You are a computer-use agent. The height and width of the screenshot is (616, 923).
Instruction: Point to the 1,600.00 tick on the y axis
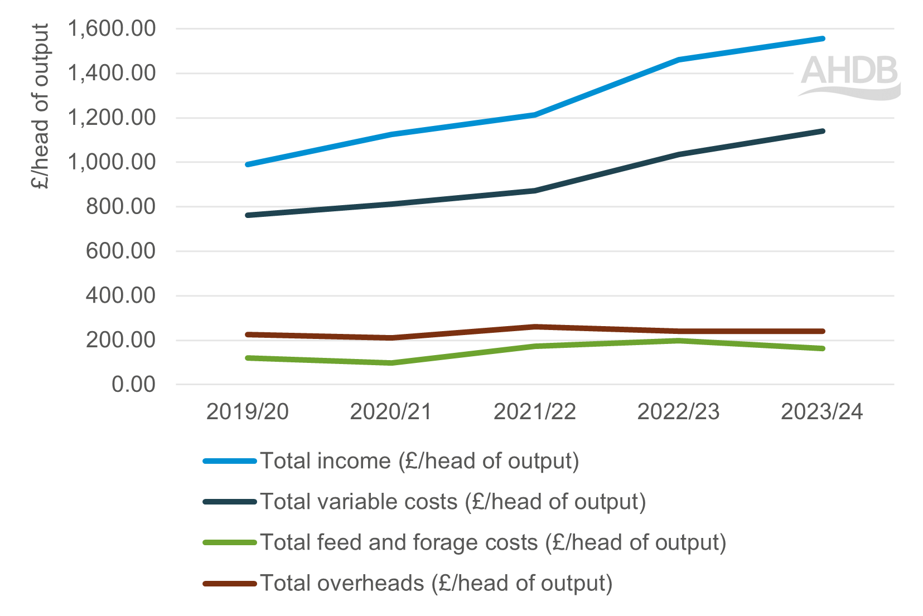pos(112,28)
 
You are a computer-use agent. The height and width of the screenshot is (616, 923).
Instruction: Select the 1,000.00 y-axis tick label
pos(112,162)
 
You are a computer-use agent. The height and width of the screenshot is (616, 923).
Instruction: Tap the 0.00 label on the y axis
pos(133,385)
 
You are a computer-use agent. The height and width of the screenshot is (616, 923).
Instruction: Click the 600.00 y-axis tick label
pos(120,251)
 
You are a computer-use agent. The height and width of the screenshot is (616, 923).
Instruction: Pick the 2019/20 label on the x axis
pos(247,412)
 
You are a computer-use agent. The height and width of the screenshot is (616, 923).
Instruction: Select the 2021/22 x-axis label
pos(534,412)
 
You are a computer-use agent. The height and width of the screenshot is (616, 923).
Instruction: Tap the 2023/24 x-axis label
pos(821,412)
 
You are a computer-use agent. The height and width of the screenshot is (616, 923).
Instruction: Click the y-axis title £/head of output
pos(41,106)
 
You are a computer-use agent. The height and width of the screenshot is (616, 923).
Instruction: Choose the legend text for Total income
pos(419,461)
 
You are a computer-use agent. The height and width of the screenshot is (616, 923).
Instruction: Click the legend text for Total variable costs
pos(453,502)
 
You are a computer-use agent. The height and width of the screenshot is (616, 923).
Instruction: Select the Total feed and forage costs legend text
pos(493,542)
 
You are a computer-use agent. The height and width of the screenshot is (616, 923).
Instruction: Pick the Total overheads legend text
pos(436,584)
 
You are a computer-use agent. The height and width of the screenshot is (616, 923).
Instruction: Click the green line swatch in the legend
pos(230,542)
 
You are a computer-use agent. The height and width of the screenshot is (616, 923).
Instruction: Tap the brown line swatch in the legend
pos(230,584)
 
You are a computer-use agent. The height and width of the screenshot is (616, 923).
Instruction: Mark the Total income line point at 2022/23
pos(678,60)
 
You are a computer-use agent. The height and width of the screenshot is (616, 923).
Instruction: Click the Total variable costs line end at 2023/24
pos(822,131)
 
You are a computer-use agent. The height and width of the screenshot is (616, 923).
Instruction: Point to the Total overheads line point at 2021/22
pos(534,327)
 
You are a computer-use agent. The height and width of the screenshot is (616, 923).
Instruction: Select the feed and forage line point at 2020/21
pos(391,363)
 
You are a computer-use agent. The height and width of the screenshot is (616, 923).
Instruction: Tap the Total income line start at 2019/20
pos(248,164)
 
